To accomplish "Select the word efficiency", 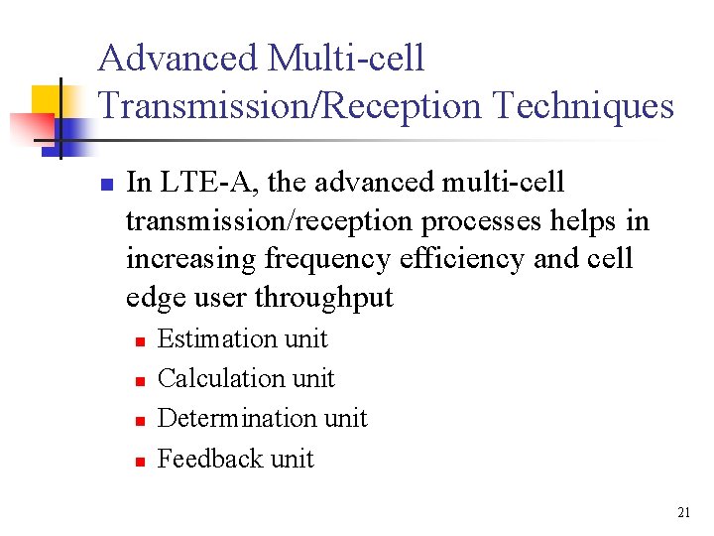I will pos(461,259).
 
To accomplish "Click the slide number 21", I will pos(683,512).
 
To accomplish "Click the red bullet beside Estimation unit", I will pos(140,341).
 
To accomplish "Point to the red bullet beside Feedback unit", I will pos(140,461).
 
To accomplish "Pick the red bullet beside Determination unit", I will pos(140,421).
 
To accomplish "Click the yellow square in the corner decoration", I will pos(47,99).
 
